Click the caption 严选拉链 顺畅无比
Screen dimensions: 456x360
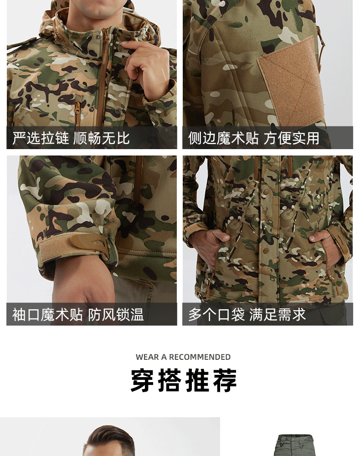71,138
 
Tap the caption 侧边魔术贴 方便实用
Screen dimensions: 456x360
253,138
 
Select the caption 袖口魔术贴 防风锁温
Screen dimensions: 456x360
78,314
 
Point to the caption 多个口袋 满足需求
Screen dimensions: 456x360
247,314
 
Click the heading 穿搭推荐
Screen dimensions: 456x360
184,381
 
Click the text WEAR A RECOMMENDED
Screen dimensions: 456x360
183,357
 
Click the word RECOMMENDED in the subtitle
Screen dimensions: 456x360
200,357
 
